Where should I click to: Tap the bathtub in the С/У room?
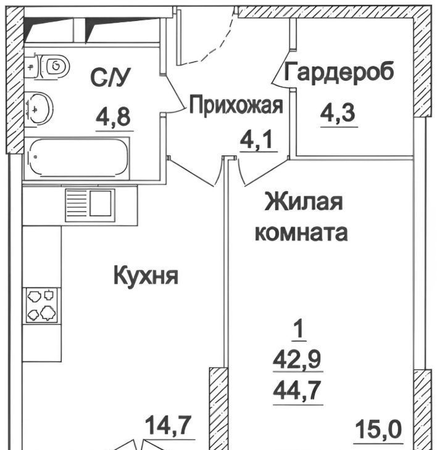pos(77,157)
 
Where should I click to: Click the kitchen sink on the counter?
pos(90,205)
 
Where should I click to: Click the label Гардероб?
pos(339,72)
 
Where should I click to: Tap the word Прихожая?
pos(236,106)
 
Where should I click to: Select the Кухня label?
pos(146,276)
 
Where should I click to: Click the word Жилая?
pos(304,202)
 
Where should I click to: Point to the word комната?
pos(301,233)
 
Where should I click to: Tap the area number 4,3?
pos(338,113)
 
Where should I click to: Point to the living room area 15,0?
pos(378,429)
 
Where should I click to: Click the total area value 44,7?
pos(298,390)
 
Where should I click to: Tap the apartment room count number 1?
pos(299,330)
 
